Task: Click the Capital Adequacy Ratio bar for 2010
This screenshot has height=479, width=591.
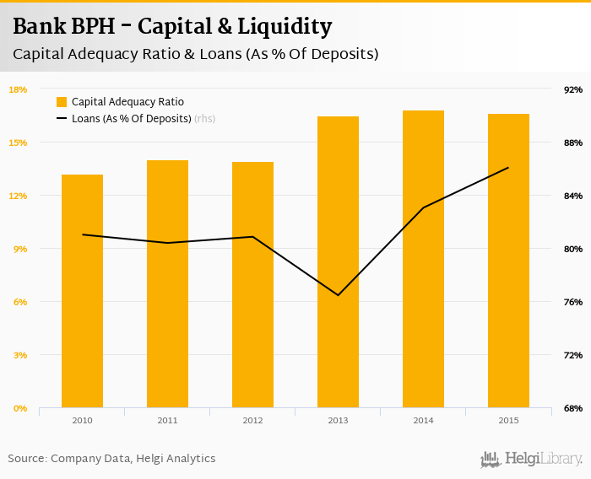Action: tap(82, 291)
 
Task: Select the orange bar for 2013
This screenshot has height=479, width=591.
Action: tap(338, 262)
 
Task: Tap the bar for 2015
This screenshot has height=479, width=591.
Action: tap(508, 261)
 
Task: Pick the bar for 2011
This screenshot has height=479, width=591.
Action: tap(167, 284)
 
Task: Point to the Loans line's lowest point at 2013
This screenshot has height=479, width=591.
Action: tap(338, 295)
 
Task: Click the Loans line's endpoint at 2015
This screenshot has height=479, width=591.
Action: tap(508, 168)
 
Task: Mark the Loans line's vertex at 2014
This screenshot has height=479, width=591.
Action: tap(423, 207)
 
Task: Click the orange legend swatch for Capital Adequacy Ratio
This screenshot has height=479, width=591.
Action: tap(62, 102)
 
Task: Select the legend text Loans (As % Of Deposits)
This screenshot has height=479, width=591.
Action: tap(132, 119)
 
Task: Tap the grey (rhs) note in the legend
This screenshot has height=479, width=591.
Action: tap(204, 119)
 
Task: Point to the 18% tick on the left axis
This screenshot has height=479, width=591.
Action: tap(18, 89)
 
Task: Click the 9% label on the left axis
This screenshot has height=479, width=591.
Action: tap(20, 249)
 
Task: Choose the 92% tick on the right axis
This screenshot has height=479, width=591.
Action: tap(573, 89)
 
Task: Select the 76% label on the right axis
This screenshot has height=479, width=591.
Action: tap(573, 302)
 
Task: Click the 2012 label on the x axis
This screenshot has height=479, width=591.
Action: tap(252, 420)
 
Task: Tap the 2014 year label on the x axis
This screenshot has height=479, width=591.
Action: tap(423, 420)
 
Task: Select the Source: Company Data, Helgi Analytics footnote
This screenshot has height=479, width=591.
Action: tap(111, 459)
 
